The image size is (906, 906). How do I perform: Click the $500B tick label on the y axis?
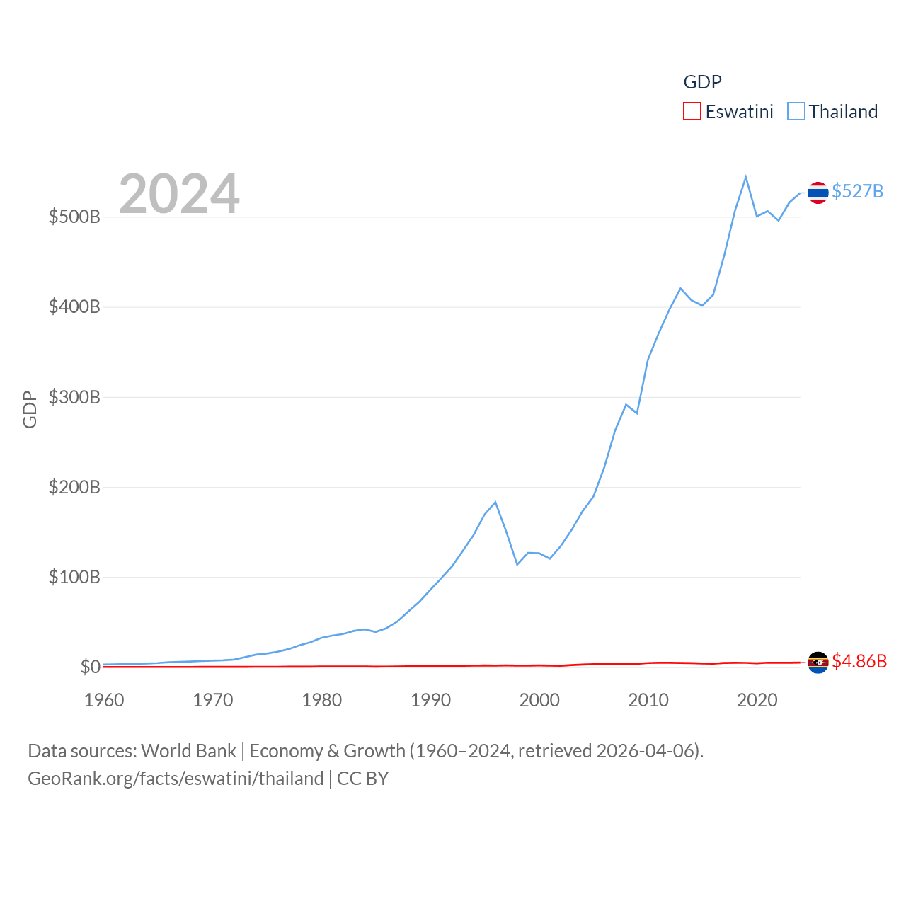[74, 217]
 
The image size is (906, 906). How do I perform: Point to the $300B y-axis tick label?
[74, 397]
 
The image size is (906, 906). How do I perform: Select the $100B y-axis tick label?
[74, 577]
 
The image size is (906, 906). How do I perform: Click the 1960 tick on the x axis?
[104, 700]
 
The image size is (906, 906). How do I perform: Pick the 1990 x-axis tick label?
[430, 700]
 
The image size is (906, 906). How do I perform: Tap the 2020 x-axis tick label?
[757, 700]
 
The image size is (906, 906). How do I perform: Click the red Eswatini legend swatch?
[692, 112]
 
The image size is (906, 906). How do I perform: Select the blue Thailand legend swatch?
[796, 112]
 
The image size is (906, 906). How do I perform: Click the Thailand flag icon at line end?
[818, 193]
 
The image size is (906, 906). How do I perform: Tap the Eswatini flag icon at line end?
[818, 663]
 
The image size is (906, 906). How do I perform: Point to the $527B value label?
[857, 192]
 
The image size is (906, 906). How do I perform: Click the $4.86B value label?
[859, 661]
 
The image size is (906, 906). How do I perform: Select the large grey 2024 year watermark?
[179, 194]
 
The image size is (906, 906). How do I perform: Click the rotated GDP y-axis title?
[30, 409]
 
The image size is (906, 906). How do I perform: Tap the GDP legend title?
[702, 82]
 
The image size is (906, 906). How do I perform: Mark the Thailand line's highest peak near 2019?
[746, 177]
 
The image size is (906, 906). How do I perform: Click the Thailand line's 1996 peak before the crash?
[495, 502]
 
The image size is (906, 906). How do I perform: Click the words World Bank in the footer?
[188, 750]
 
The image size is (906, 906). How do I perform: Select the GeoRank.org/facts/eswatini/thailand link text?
[176, 779]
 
